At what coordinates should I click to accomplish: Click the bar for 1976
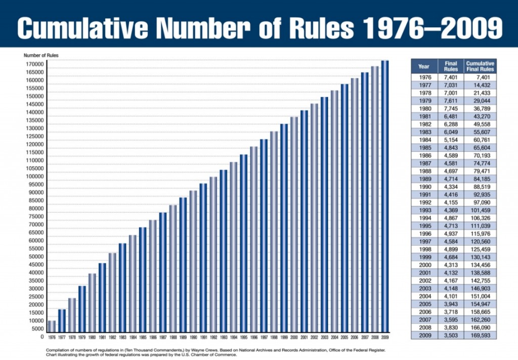pos(52,327)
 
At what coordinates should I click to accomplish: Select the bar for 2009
pos(385,197)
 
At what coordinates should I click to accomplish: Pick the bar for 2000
pos(294,225)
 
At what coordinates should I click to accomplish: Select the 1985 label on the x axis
pos(143,337)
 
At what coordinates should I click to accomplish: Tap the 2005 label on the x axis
pos(344,337)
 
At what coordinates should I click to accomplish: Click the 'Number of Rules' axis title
pos(37,55)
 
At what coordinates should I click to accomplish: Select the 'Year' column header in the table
pos(424,66)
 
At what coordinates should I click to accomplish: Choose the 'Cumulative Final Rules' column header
pos(480,66)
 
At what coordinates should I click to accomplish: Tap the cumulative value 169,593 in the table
pos(480,336)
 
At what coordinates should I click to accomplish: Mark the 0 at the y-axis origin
pos(41,336)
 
